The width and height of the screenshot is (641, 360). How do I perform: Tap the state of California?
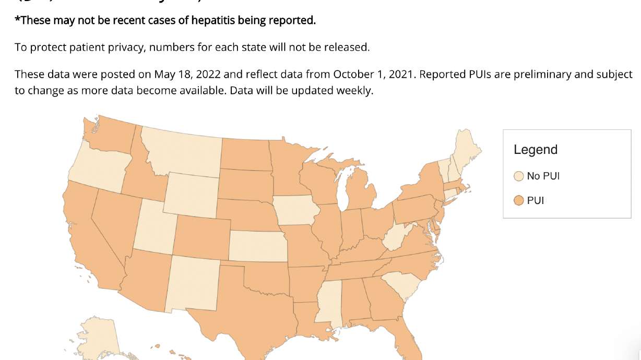[89, 235]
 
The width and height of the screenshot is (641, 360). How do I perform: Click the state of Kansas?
[257, 245]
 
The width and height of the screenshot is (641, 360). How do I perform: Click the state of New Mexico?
[192, 284]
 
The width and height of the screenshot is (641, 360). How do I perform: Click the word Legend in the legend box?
[536, 150]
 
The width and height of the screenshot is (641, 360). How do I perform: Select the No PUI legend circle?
[518, 176]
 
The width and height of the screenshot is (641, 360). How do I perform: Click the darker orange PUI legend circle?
[518, 200]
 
